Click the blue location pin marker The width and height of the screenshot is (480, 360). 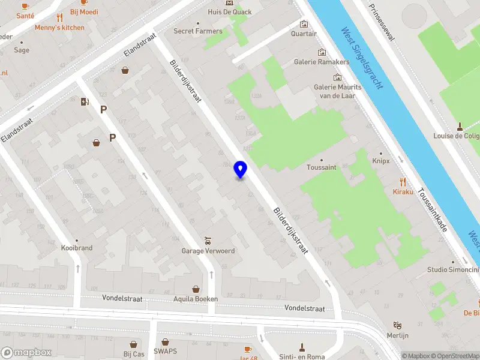tap(240, 170)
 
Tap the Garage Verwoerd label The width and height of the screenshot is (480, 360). tap(208, 251)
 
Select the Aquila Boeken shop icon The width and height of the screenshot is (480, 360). tap(196, 289)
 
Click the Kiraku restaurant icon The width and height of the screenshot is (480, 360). tap(403, 181)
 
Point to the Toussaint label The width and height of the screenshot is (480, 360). tap(321, 167)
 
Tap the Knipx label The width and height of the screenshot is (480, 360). tap(380, 161)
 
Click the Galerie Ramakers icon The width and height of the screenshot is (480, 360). tap(322, 52)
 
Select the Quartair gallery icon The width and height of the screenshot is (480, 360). tap(304, 24)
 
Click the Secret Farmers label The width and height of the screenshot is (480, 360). tap(198, 31)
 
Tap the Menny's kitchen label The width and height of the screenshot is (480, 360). tap(59, 28)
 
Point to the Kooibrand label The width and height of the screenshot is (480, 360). tap(77, 248)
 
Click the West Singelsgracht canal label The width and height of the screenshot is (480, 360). tap(361, 58)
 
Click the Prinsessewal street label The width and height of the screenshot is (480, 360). tap(382, 22)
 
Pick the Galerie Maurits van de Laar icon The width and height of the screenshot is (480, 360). tap(337, 77)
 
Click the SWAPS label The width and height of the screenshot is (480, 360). tap(165, 351)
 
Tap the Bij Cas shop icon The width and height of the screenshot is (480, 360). tap(131, 343)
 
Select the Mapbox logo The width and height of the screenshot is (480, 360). tap(24, 353)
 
